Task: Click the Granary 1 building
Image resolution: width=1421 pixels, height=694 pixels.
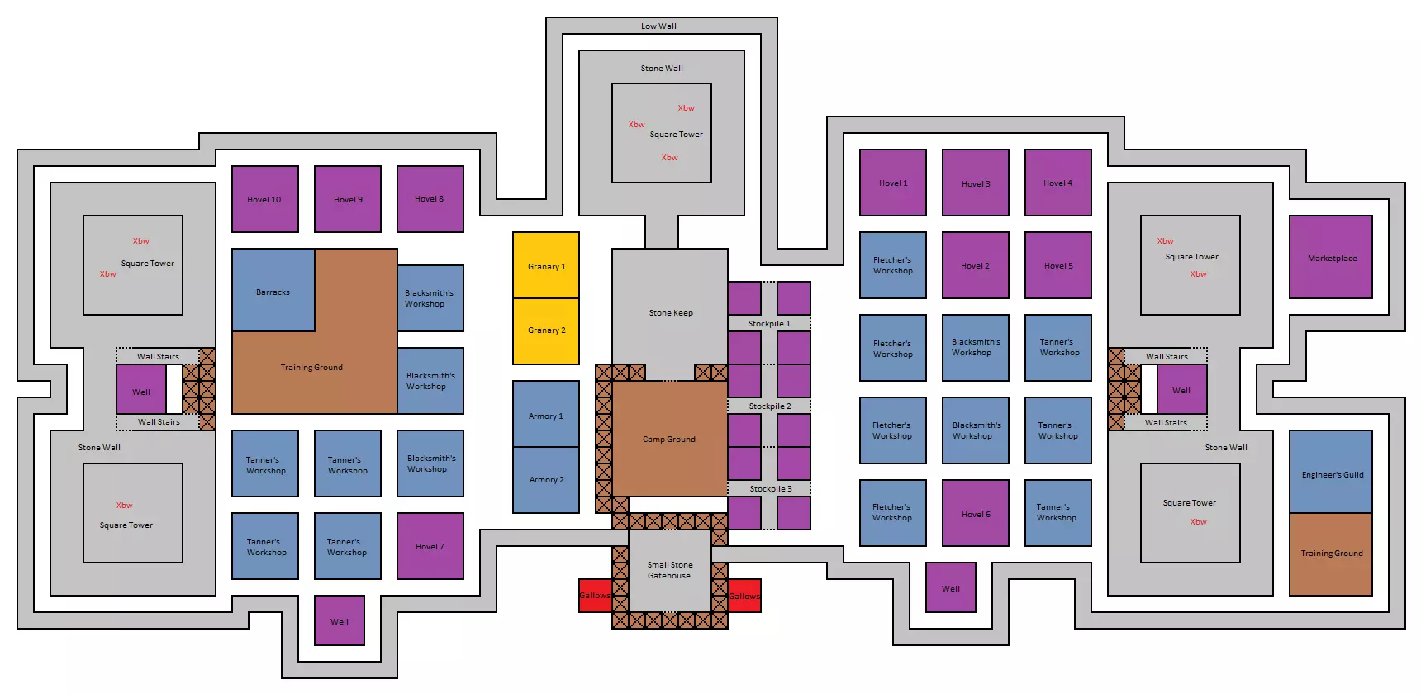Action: (546, 265)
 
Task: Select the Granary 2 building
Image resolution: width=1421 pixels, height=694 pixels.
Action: (546, 330)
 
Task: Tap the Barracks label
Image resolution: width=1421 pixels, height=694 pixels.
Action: (273, 292)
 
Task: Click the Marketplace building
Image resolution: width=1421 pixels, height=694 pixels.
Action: (1331, 258)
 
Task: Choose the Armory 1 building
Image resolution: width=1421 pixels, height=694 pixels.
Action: (546, 415)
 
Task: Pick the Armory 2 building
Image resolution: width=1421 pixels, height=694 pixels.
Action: (546, 480)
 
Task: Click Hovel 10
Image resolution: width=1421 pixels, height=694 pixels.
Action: (264, 199)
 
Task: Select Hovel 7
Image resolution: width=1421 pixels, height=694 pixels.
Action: (430, 546)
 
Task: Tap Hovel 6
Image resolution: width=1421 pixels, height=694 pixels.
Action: (975, 513)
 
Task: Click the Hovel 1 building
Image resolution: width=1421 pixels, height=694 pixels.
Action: (892, 183)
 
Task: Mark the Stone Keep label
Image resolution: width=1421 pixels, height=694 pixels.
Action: (671, 312)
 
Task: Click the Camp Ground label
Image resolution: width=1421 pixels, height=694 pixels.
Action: (669, 439)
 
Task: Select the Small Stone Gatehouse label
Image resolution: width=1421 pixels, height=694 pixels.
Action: (669, 570)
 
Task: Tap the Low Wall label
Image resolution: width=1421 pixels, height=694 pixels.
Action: (658, 26)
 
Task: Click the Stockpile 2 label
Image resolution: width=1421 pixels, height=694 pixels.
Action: (770, 406)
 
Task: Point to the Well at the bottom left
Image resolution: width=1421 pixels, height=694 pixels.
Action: (340, 620)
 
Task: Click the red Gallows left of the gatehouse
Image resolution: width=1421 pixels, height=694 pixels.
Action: (595, 596)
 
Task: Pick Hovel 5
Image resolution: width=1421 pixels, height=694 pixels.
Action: (1057, 265)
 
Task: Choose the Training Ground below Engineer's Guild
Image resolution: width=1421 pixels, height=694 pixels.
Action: (1331, 554)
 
